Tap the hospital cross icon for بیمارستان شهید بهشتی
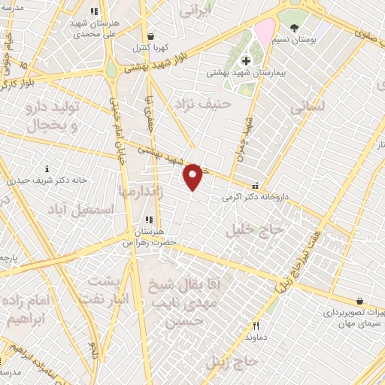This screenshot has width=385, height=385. (245, 60)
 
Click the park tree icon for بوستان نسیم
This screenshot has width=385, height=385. (294, 28)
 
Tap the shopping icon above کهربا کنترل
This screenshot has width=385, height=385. (150, 35)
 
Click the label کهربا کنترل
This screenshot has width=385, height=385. (150, 47)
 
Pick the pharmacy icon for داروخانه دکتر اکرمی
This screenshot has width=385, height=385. (257, 185)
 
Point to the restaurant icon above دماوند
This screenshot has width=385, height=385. (256, 326)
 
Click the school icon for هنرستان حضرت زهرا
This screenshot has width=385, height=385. (149, 220)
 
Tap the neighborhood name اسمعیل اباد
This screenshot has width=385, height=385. (74, 206)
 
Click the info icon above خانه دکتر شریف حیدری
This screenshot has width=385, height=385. (47, 168)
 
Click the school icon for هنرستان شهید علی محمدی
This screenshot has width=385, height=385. (93, 12)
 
